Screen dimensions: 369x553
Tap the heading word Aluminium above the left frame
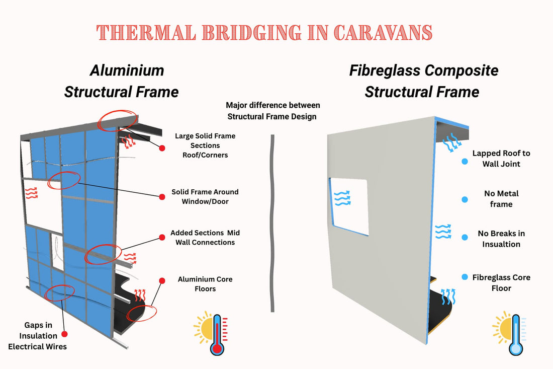coord(127,70)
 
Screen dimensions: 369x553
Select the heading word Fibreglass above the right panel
coord(385,70)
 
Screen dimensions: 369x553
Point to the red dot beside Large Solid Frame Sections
coord(162,148)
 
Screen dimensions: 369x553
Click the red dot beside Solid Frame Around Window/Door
coord(162,197)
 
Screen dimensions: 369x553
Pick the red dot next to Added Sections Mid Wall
coord(162,238)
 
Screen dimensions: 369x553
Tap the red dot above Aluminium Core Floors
coord(162,280)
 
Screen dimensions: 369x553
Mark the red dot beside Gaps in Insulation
coord(64,334)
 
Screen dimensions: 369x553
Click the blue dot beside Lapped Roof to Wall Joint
coord(465,162)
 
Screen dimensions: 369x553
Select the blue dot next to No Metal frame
coord(465,199)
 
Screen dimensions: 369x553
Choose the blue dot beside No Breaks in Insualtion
coord(465,238)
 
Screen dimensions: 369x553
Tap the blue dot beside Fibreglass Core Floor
coord(465,277)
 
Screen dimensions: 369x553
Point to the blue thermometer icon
coord(515,334)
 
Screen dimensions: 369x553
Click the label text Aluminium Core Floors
coord(205,284)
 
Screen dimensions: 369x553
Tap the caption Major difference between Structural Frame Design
coord(273,111)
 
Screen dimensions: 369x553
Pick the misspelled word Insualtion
coord(501,244)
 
